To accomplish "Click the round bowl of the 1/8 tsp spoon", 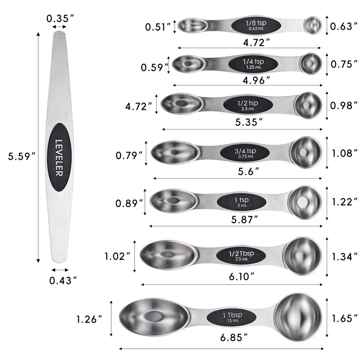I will point(312,25).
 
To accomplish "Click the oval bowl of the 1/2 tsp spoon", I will point(180,104).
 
